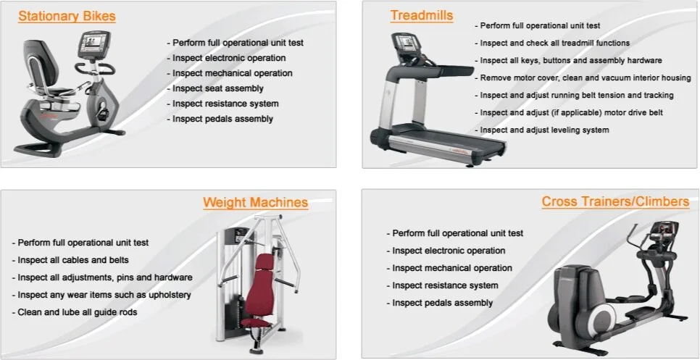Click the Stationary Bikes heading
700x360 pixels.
[x=67, y=16]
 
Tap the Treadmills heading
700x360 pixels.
[x=422, y=15]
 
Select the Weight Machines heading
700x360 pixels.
[x=255, y=203]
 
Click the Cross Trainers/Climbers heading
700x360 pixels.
[x=615, y=201]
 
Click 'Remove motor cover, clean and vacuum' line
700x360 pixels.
[x=585, y=78]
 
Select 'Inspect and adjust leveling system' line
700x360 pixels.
[x=544, y=130]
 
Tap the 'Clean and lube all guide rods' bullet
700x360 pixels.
[x=75, y=312]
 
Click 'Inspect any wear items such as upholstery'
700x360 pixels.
[x=101, y=295]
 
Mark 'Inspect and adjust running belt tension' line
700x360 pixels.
[x=576, y=96]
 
